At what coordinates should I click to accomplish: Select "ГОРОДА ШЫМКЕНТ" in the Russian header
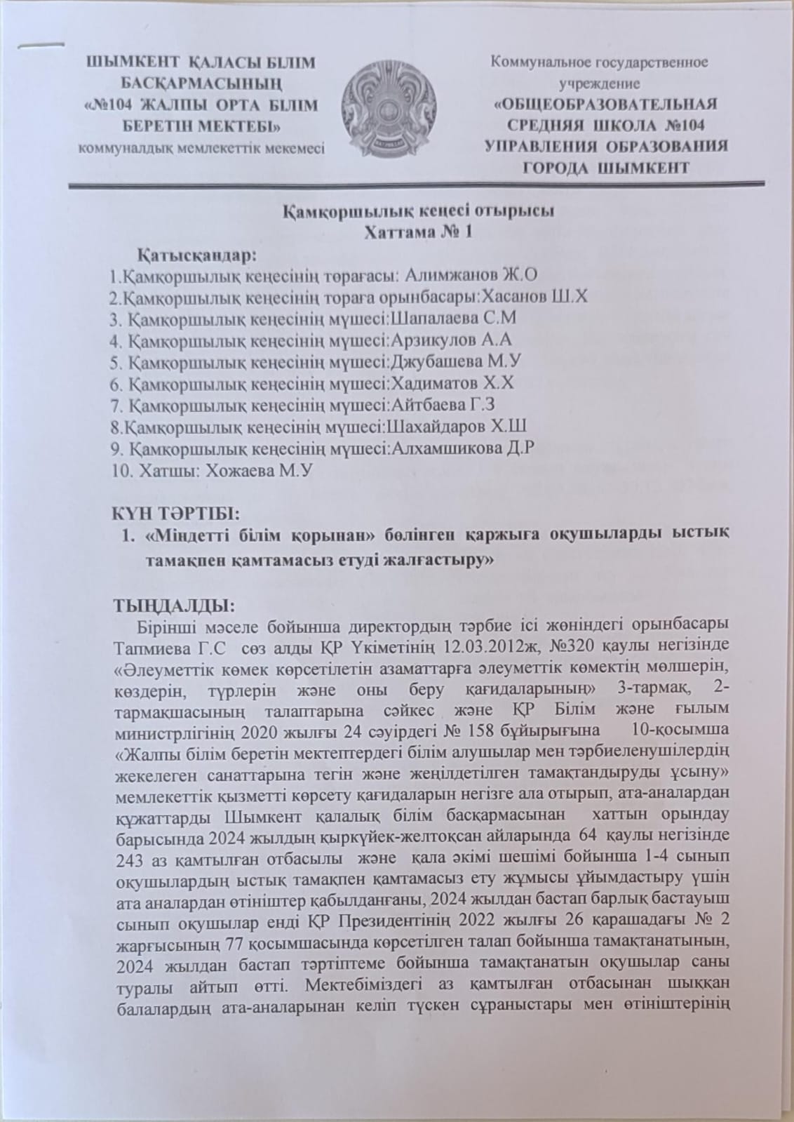pyautogui.click(x=606, y=168)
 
